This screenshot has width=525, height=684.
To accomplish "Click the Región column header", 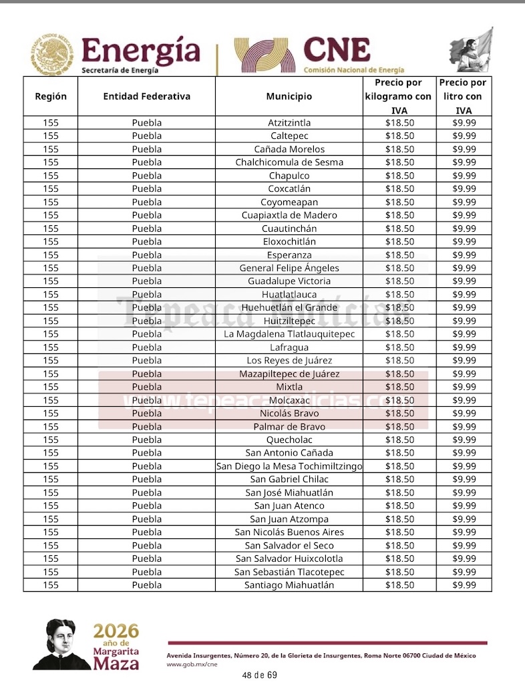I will point(51,96).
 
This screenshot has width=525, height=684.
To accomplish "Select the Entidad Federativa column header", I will point(146,96).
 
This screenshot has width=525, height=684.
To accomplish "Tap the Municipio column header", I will point(289,96).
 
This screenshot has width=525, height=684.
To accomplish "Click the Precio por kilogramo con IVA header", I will point(399,96).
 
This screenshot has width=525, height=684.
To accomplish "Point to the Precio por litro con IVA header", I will point(464,96).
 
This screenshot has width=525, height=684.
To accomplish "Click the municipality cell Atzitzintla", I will point(289,123).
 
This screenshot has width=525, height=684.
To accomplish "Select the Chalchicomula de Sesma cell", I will point(289,162).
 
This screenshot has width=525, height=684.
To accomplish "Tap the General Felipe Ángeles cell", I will point(289,268).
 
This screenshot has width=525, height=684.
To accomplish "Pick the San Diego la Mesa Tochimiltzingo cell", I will point(289,466).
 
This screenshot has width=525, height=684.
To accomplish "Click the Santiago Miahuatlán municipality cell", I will point(289,585).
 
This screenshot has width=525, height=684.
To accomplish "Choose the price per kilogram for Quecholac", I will point(399,440).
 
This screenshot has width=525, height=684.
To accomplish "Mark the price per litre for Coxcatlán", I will point(464,189).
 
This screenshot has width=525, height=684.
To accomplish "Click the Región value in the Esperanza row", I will point(51,254).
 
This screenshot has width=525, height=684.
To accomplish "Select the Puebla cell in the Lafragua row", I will point(146,347).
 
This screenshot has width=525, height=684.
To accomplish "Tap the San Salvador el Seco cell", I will point(289,546).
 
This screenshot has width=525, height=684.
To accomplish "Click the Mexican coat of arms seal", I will point(52,54).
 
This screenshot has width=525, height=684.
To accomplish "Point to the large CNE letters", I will point(336,50).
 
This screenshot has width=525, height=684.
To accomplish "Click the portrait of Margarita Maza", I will point(62,644).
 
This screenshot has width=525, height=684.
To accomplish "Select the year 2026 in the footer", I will point(116,632).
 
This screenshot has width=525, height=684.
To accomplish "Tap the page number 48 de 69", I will point(259,675).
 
